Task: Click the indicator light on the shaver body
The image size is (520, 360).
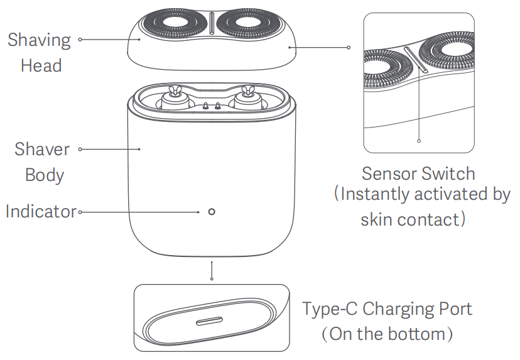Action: point(211,211)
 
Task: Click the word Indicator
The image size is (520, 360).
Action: point(41,211)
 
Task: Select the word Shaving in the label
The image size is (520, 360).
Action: point(39,41)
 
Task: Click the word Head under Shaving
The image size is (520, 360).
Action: point(41,65)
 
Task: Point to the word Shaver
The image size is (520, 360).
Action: point(42,150)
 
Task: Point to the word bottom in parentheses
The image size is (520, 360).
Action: point(410,334)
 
